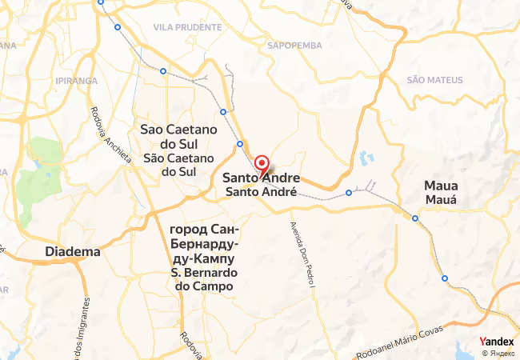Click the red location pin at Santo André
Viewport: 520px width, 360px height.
click(261, 166)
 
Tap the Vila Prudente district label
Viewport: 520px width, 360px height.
click(187, 27)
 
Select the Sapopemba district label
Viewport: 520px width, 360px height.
click(294, 46)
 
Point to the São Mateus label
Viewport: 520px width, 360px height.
click(434, 80)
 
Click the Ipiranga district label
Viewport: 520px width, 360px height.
click(77, 81)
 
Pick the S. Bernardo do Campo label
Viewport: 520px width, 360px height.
click(202, 279)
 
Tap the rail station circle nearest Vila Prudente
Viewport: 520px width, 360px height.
click(163, 71)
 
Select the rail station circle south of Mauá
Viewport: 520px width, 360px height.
click(445, 278)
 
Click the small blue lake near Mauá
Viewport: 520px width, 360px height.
click(366, 157)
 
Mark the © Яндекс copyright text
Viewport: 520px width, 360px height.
click(497, 352)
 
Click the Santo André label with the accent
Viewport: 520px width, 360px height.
click(262, 192)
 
